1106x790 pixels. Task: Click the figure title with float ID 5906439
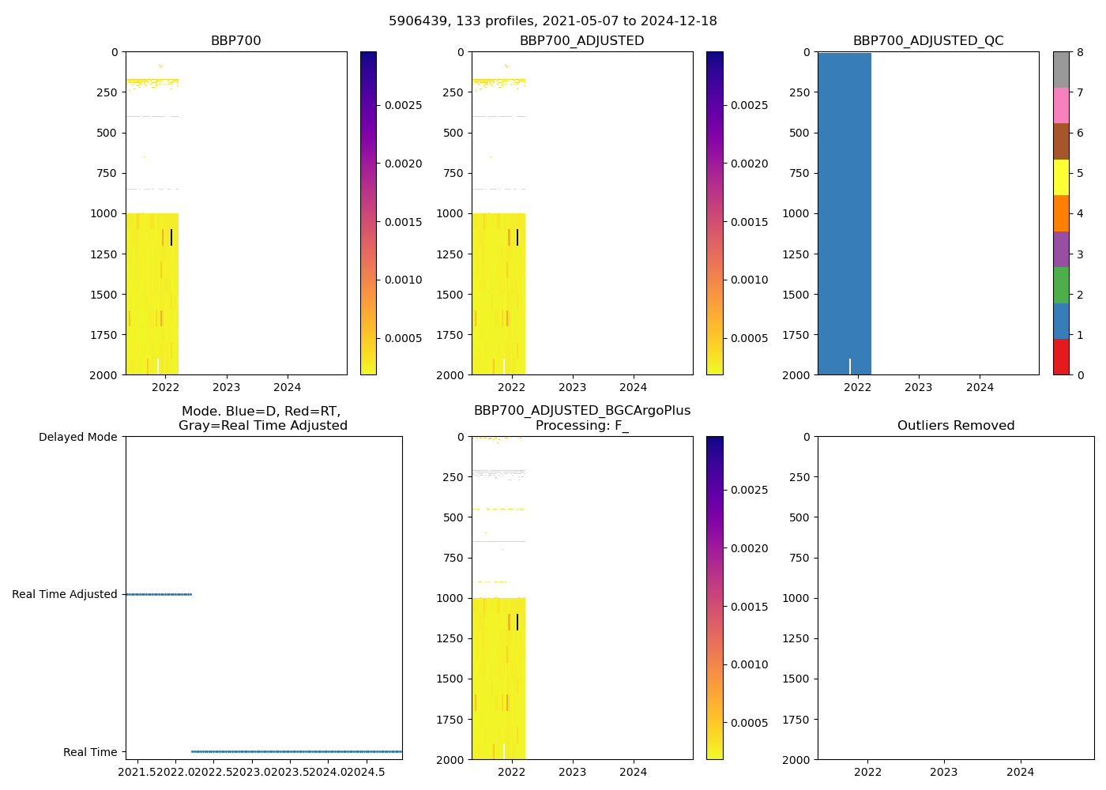pos(553,21)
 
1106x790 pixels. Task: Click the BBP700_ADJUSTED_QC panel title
pos(928,41)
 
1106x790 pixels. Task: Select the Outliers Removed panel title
pos(956,426)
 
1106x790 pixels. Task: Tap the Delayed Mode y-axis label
pos(77,437)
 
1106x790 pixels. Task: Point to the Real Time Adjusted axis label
pos(64,594)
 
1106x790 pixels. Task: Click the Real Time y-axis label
pos(90,752)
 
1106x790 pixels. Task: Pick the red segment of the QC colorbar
pos(1061,357)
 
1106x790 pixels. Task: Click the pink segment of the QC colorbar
pos(1061,105)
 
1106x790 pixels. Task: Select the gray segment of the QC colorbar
pos(1061,70)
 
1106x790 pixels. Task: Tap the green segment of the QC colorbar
pos(1061,285)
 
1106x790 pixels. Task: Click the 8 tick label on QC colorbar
pos(1080,52)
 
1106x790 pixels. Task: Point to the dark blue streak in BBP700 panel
pos(171,237)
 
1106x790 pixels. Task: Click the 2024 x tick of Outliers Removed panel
pos(1020,772)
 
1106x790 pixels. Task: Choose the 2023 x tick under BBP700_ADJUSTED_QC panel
pos(918,387)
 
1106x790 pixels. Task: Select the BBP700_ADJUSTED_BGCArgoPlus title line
pos(582,411)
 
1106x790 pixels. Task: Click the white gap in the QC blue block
pos(850,367)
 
